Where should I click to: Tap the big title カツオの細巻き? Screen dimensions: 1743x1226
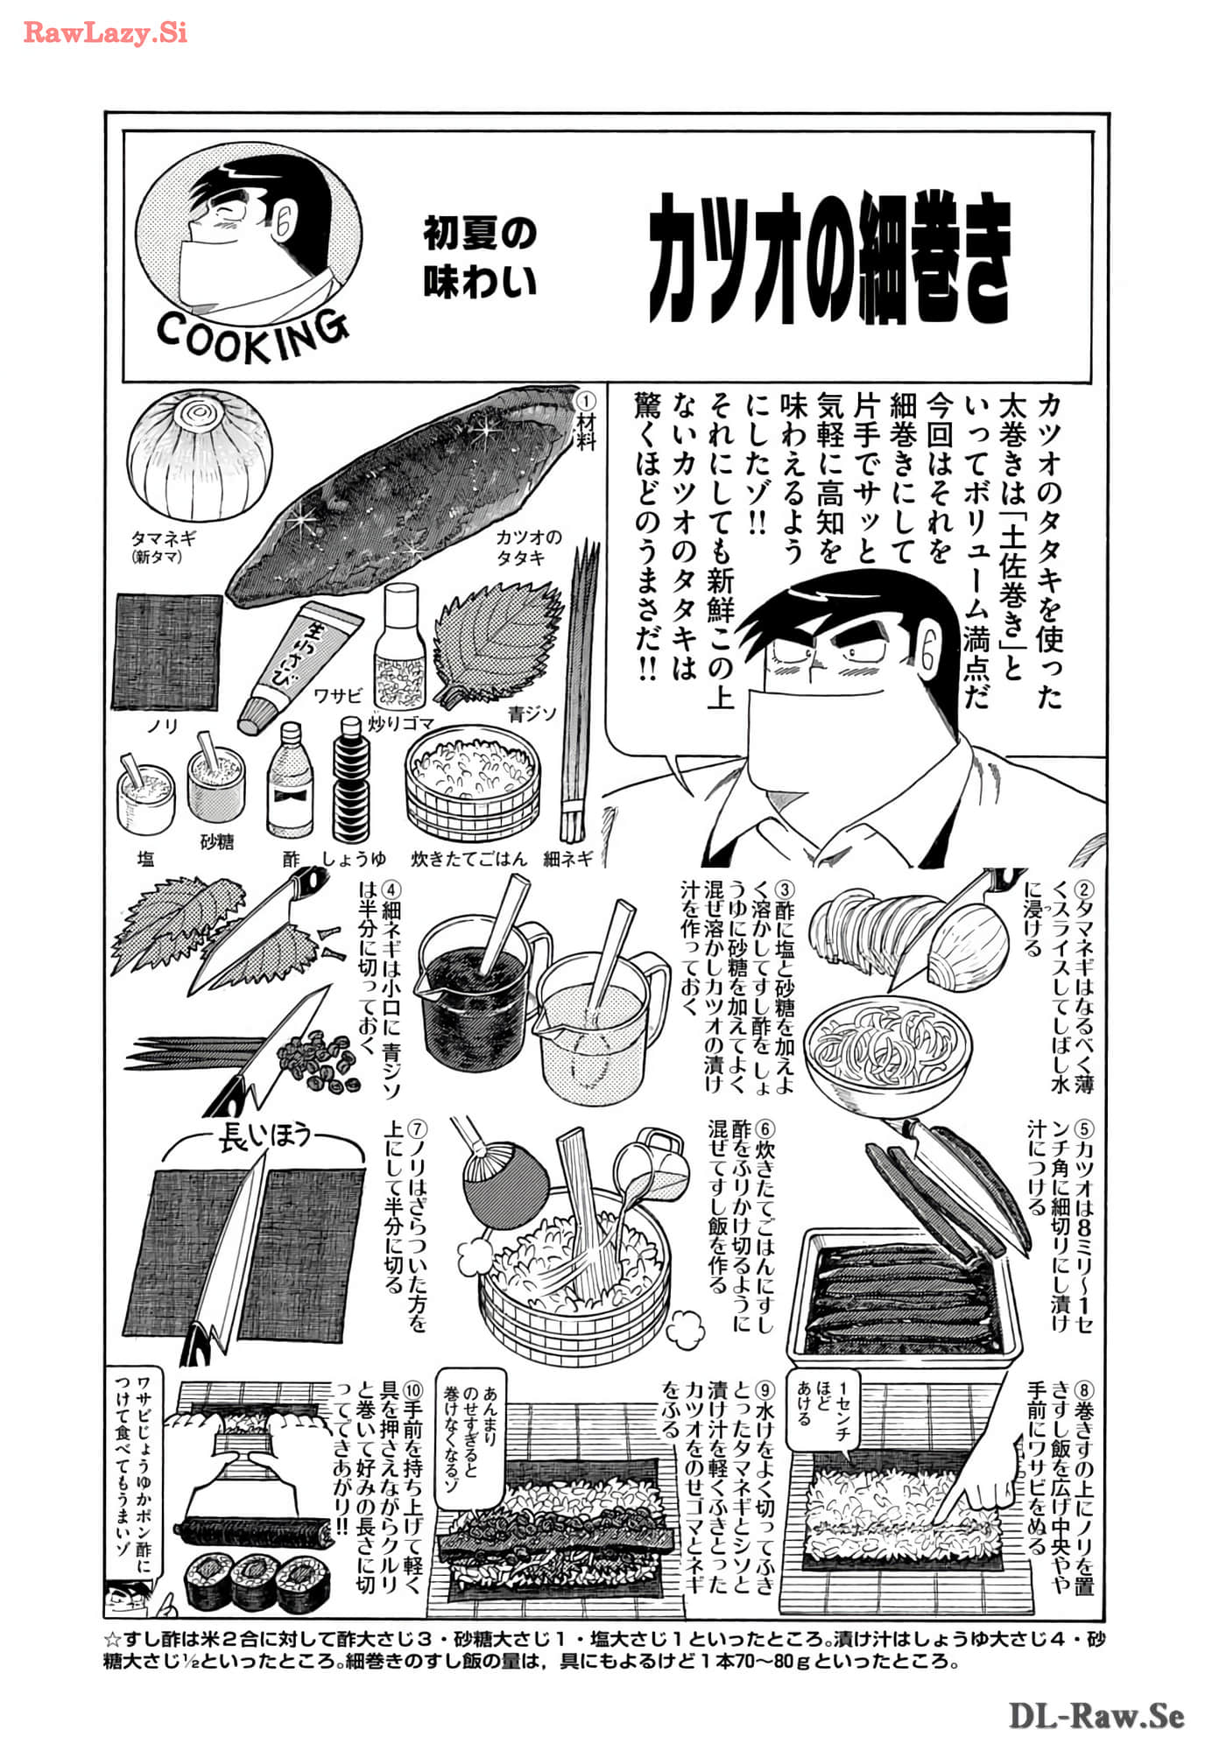[828, 258]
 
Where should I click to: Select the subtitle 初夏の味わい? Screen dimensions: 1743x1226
[480, 257]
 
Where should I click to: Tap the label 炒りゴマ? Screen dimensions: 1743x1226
[401, 723]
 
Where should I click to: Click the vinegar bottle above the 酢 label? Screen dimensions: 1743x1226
[290, 781]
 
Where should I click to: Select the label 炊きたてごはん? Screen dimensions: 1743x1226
[469, 859]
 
